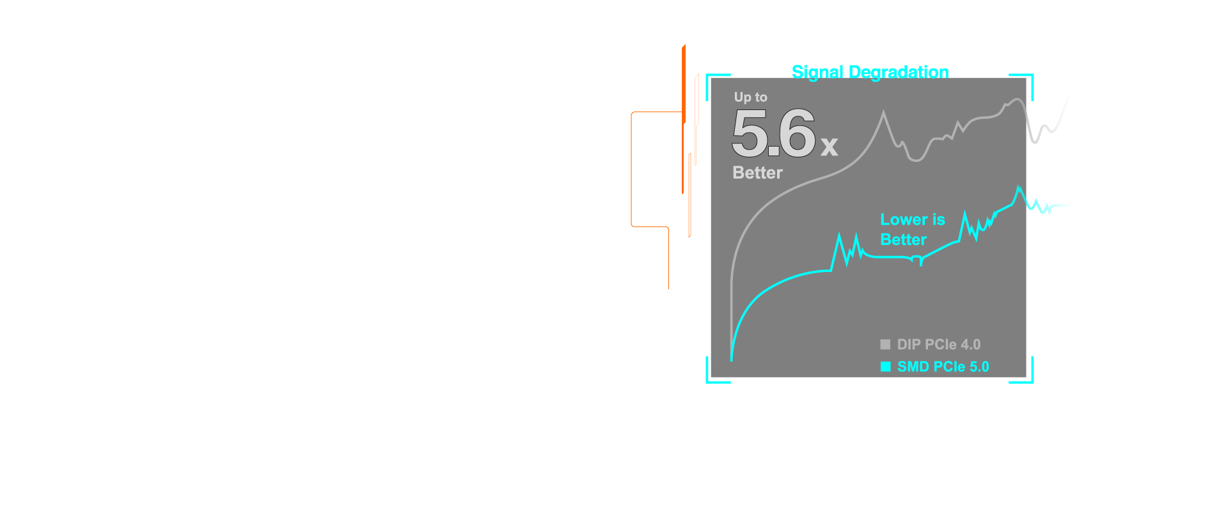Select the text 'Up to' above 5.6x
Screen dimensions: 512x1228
click(x=750, y=97)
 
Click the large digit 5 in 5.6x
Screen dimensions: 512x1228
click(x=749, y=133)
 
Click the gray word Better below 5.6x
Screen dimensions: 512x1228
click(x=757, y=173)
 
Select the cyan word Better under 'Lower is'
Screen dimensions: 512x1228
click(x=903, y=240)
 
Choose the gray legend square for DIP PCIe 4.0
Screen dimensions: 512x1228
click(x=885, y=344)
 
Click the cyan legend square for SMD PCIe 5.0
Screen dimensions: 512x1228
click(x=885, y=367)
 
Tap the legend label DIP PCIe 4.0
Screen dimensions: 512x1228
click(x=938, y=344)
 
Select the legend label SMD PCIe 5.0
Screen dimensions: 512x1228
click(x=943, y=367)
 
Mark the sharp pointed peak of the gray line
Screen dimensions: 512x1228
click(x=884, y=113)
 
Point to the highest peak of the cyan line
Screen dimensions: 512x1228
click(x=1019, y=187)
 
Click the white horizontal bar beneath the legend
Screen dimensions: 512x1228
click(x=893, y=380)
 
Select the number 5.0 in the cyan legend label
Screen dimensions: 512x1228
click(x=979, y=367)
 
